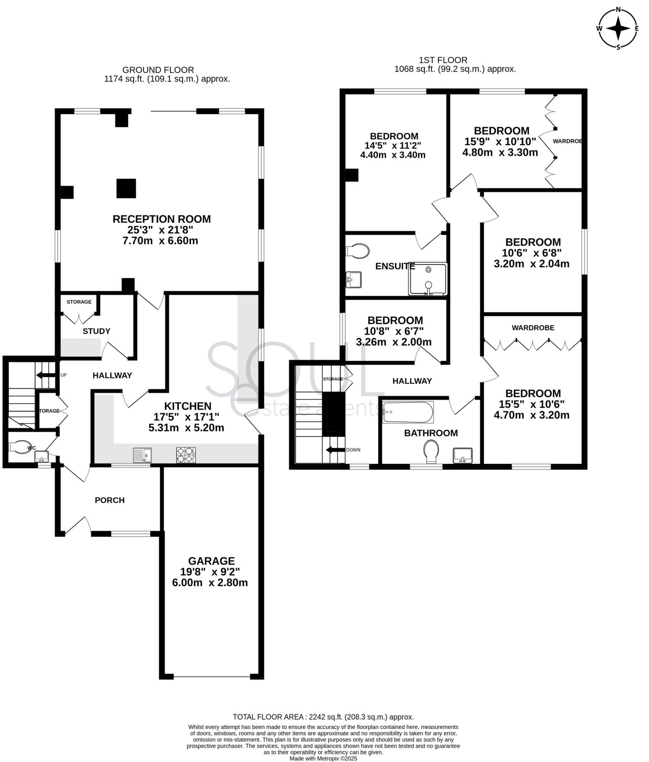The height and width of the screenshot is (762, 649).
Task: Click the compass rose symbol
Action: pyautogui.click(x=618, y=28)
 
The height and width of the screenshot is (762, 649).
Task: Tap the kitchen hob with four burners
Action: pyautogui.click(x=186, y=455)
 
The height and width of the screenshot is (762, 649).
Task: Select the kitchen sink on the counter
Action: pyautogui.click(x=142, y=455)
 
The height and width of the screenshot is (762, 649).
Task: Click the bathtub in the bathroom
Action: pyautogui.click(x=408, y=412)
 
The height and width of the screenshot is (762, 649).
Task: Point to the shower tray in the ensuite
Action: pyautogui.click(x=428, y=279)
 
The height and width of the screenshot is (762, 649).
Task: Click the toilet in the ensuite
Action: pyautogui.click(x=358, y=251)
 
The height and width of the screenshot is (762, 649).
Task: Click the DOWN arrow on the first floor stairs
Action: pyautogui.click(x=335, y=450)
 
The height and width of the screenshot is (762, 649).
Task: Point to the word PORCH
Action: pyautogui.click(x=109, y=500)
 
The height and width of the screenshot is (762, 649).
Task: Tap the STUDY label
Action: pyautogui.click(x=96, y=331)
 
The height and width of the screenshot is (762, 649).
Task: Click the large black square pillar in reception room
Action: pyautogui.click(x=126, y=188)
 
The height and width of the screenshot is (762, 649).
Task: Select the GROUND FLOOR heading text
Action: pyautogui.click(x=158, y=70)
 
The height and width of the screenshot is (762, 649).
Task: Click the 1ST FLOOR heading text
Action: pyautogui.click(x=443, y=60)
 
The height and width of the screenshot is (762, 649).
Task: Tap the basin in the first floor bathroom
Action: pyautogui.click(x=463, y=455)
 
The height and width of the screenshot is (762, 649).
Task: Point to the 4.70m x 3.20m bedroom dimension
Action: pyautogui.click(x=531, y=415)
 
